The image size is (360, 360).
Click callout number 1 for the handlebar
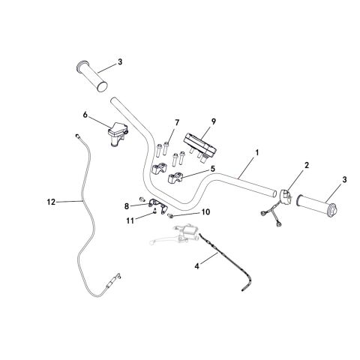click(x=257, y=152)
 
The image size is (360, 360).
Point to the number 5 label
click(x=213, y=169)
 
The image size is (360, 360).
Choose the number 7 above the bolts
click(x=177, y=122)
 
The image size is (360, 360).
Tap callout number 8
click(x=125, y=204)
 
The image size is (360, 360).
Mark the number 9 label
click(x=213, y=121)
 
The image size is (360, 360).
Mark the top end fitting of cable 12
click(x=79, y=136)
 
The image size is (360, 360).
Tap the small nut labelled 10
click(x=170, y=216)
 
